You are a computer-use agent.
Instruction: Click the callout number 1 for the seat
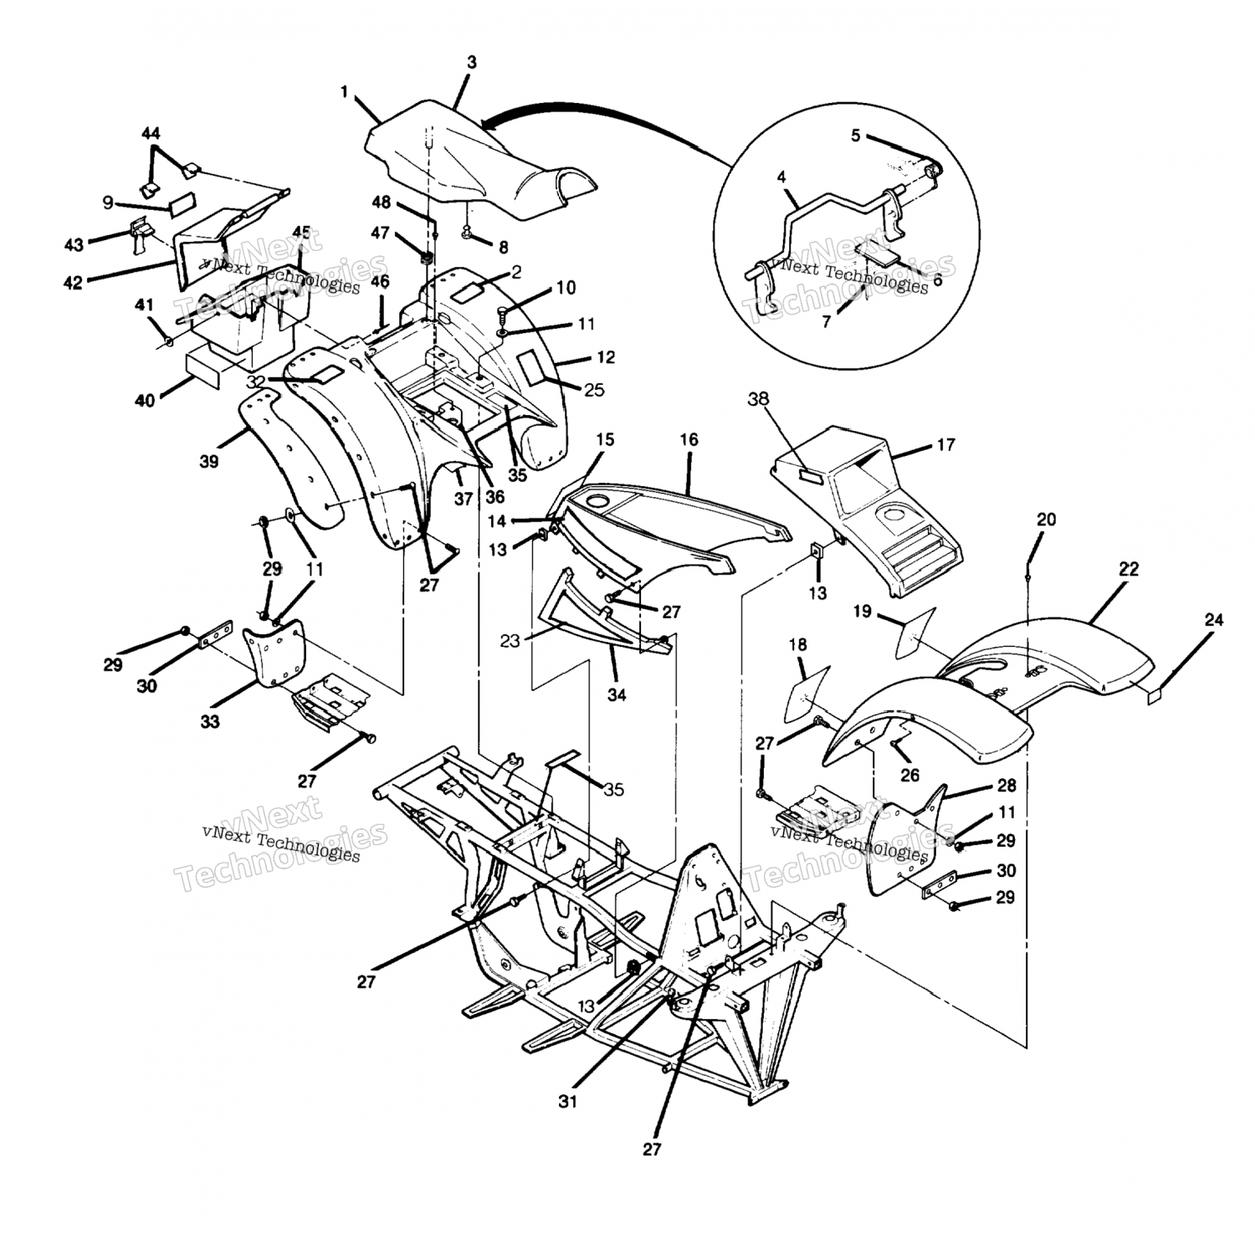pyautogui.click(x=344, y=91)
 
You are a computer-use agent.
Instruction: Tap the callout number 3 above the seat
pyautogui.click(x=472, y=63)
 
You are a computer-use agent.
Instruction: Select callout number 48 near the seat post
pyautogui.click(x=382, y=202)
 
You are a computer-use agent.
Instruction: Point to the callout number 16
pyautogui.click(x=689, y=439)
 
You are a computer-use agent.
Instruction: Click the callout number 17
pyautogui.click(x=945, y=445)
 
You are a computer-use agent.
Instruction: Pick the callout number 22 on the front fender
pyautogui.click(x=1129, y=570)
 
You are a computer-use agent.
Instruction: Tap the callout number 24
pyautogui.click(x=1213, y=620)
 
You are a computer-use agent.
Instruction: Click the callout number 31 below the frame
pyautogui.click(x=568, y=1102)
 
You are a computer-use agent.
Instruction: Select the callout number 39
pyautogui.click(x=209, y=460)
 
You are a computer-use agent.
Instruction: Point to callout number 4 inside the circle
pyautogui.click(x=781, y=177)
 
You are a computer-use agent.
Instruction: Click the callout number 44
pyautogui.click(x=151, y=134)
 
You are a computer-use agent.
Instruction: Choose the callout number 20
pyautogui.click(x=1046, y=520)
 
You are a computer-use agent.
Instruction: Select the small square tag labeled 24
pyautogui.click(x=1155, y=694)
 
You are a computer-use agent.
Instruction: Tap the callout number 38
pyautogui.click(x=759, y=399)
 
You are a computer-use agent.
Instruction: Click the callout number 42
pyautogui.click(x=74, y=283)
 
